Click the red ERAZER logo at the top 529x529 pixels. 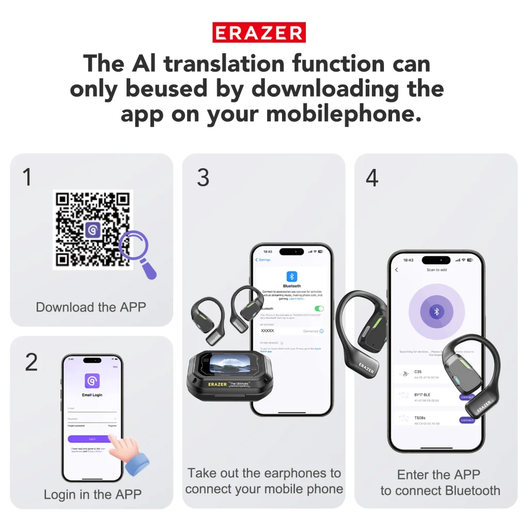click(259, 33)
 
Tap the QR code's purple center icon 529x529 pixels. click(93, 229)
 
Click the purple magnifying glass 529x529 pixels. click(136, 250)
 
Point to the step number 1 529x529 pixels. click(27, 177)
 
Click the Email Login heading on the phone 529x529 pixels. click(92, 395)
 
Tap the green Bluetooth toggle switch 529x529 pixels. click(319, 308)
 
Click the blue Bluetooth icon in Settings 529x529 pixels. click(292, 276)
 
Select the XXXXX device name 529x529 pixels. click(268, 331)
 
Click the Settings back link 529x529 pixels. click(264, 260)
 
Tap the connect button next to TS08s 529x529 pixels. click(466, 420)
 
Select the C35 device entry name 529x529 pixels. click(418, 371)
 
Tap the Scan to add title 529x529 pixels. click(437, 270)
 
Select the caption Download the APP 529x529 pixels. click(91, 307)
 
